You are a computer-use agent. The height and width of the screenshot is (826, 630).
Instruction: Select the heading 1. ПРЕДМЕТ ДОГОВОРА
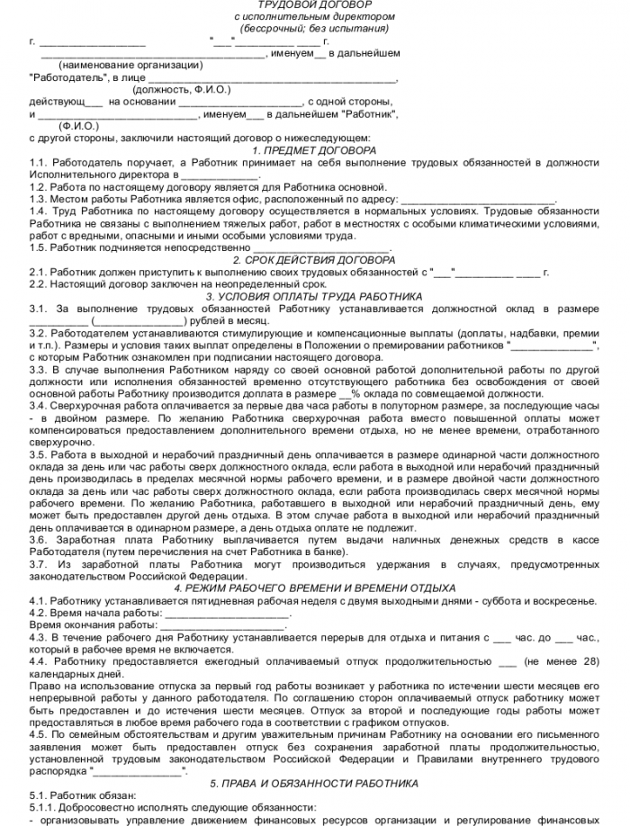(x=314, y=150)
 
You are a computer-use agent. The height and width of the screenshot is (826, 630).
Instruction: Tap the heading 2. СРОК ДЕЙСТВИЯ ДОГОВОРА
(x=314, y=260)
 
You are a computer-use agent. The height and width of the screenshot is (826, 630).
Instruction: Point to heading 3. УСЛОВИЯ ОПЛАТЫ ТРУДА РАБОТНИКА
(x=314, y=295)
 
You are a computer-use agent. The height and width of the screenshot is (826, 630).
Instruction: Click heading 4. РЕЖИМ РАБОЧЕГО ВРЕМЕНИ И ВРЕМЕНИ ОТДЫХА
(x=314, y=588)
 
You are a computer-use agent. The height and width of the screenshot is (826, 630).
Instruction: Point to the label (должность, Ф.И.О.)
(x=181, y=90)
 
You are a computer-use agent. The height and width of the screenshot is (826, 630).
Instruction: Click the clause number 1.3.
(x=38, y=198)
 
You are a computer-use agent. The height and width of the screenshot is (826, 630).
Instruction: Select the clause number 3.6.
(x=38, y=540)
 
